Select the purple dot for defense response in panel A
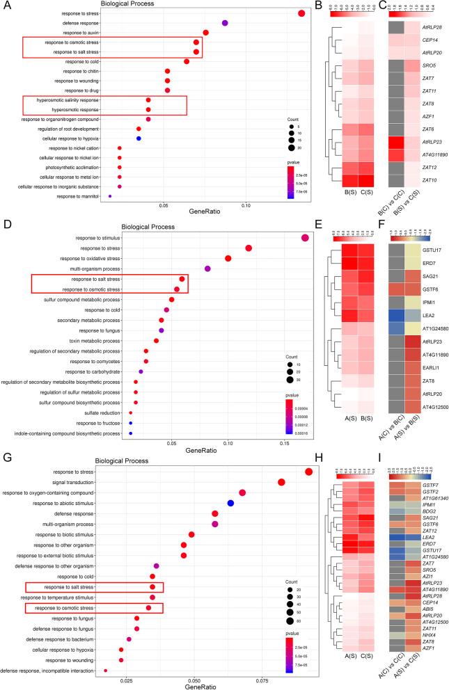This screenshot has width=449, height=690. click(225, 23)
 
